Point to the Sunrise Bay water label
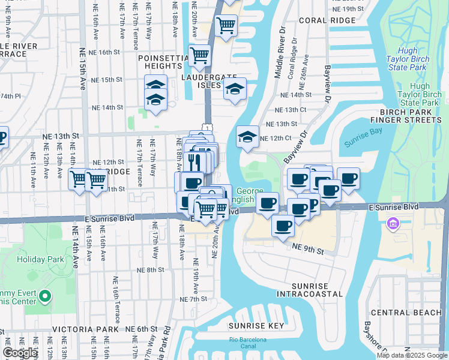362,143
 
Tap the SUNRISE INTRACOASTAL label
310,289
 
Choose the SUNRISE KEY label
256,326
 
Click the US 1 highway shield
206,128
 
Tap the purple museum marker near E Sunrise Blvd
393,224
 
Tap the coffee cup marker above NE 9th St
283,226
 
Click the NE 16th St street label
106,53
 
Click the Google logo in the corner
20,353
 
